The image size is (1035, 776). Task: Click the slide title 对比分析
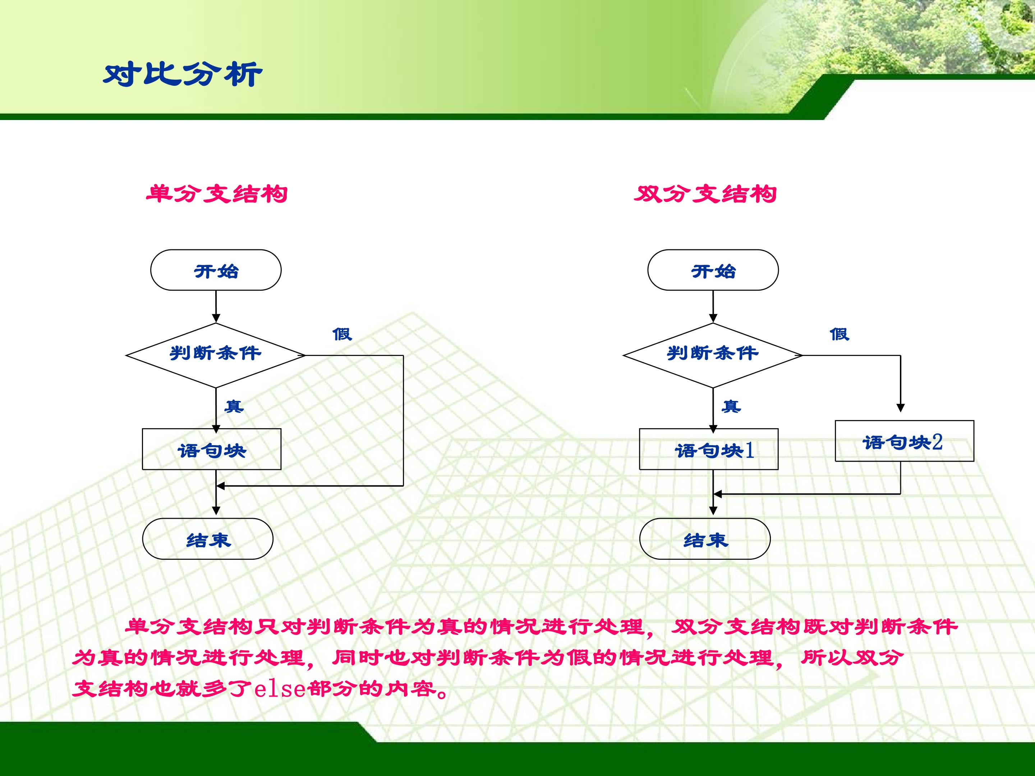point(183,74)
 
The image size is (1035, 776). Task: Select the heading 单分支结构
point(217,194)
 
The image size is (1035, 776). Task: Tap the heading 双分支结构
point(705,194)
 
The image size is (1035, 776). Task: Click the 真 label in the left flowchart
point(234,406)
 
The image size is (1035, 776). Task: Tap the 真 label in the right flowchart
point(731,406)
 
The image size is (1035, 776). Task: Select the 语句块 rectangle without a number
point(211,449)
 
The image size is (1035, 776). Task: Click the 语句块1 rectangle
point(708,449)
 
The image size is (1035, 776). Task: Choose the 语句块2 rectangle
point(904,441)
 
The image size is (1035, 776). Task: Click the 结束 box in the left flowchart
point(208,539)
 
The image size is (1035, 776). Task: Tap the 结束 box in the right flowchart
point(705,539)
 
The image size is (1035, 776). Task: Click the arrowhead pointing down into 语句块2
point(900,408)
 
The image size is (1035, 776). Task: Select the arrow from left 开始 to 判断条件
point(216,306)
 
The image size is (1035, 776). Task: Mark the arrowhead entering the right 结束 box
point(713,511)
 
